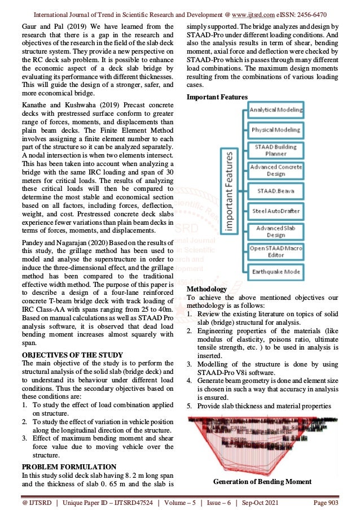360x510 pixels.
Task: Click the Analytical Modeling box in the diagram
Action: click(x=276, y=110)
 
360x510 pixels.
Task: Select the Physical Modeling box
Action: click(x=276, y=129)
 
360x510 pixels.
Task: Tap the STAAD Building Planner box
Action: click(x=276, y=150)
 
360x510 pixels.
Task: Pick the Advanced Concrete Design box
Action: click(x=276, y=171)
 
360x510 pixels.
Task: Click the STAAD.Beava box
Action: click(x=276, y=191)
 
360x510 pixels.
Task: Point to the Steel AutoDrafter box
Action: click(x=276, y=211)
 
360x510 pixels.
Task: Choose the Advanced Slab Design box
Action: click(x=276, y=231)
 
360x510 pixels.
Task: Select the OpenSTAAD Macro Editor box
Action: click(x=276, y=251)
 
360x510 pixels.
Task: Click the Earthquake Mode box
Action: click(x=276, y=272)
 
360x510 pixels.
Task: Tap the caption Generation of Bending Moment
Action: click(x=262, y=481)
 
